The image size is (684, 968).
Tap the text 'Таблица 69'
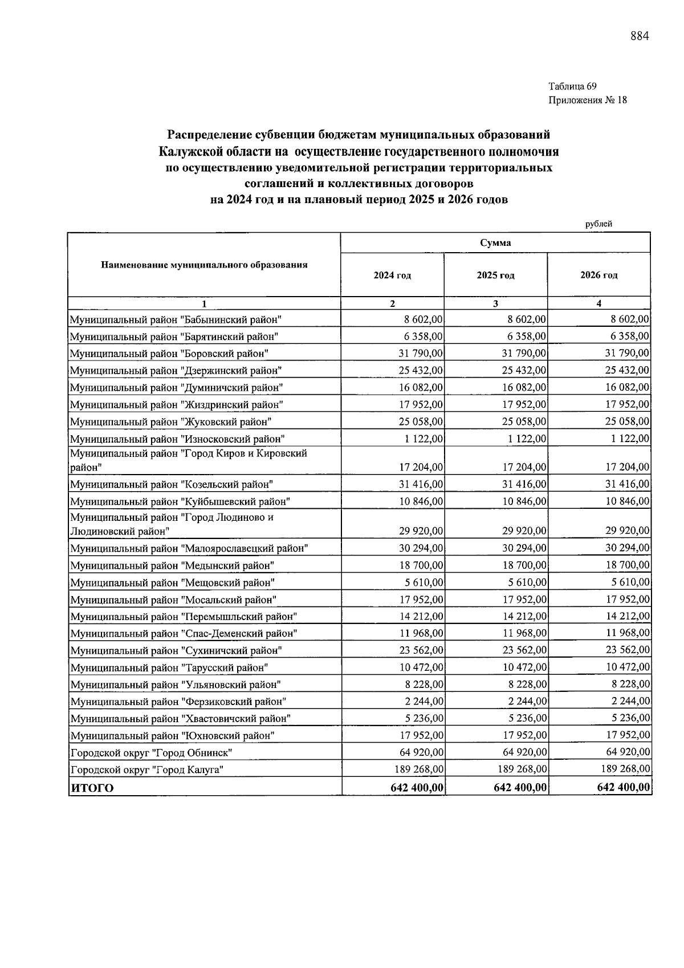(572, 87)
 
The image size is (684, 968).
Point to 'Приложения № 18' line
(587, 100)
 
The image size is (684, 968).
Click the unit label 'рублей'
(598, 224)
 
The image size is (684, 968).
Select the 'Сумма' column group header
(495, 243)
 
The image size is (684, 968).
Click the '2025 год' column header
(495, 276)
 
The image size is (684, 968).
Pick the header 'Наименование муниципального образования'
(204, 265)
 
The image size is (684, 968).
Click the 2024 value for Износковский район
(421, 439)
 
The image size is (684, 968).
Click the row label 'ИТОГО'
(92, 788)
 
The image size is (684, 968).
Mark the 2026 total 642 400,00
(623, 788)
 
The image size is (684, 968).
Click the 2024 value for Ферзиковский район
(421, 701)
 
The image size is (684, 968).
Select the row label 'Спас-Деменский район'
(183, 633)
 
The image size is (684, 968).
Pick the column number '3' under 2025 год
(495, 303)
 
